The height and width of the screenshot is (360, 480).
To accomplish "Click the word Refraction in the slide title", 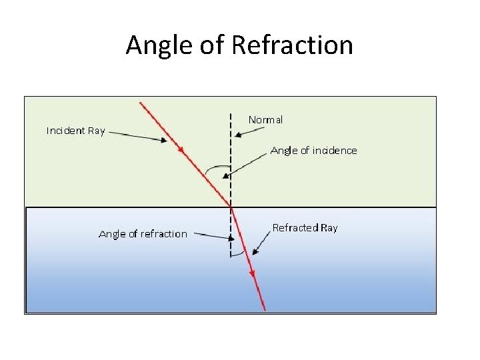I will pos(292,45).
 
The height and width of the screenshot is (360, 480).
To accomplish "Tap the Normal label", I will pos(265,120).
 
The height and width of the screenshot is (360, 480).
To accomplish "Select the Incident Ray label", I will pos(75,131).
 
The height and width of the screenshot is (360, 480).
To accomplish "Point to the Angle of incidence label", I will pos(313,151).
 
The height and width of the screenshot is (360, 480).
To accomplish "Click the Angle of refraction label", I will pos(143,234).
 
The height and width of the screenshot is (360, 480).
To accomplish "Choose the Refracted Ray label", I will pos(305,228).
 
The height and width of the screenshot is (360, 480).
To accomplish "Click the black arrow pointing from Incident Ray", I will pos(137,135).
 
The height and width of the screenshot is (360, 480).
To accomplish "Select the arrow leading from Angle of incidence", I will pos(247,164).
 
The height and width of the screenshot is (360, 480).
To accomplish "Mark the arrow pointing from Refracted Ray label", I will pos(261,244).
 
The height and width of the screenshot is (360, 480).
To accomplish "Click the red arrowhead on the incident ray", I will pos(181,151).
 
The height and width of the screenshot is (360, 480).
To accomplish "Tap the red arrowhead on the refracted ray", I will pos(252,273).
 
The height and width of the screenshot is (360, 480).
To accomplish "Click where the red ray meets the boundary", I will pos(231,207).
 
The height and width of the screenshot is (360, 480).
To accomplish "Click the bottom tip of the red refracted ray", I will pos(264,309).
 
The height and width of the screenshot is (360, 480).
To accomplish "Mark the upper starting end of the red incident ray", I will pos(140,102).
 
